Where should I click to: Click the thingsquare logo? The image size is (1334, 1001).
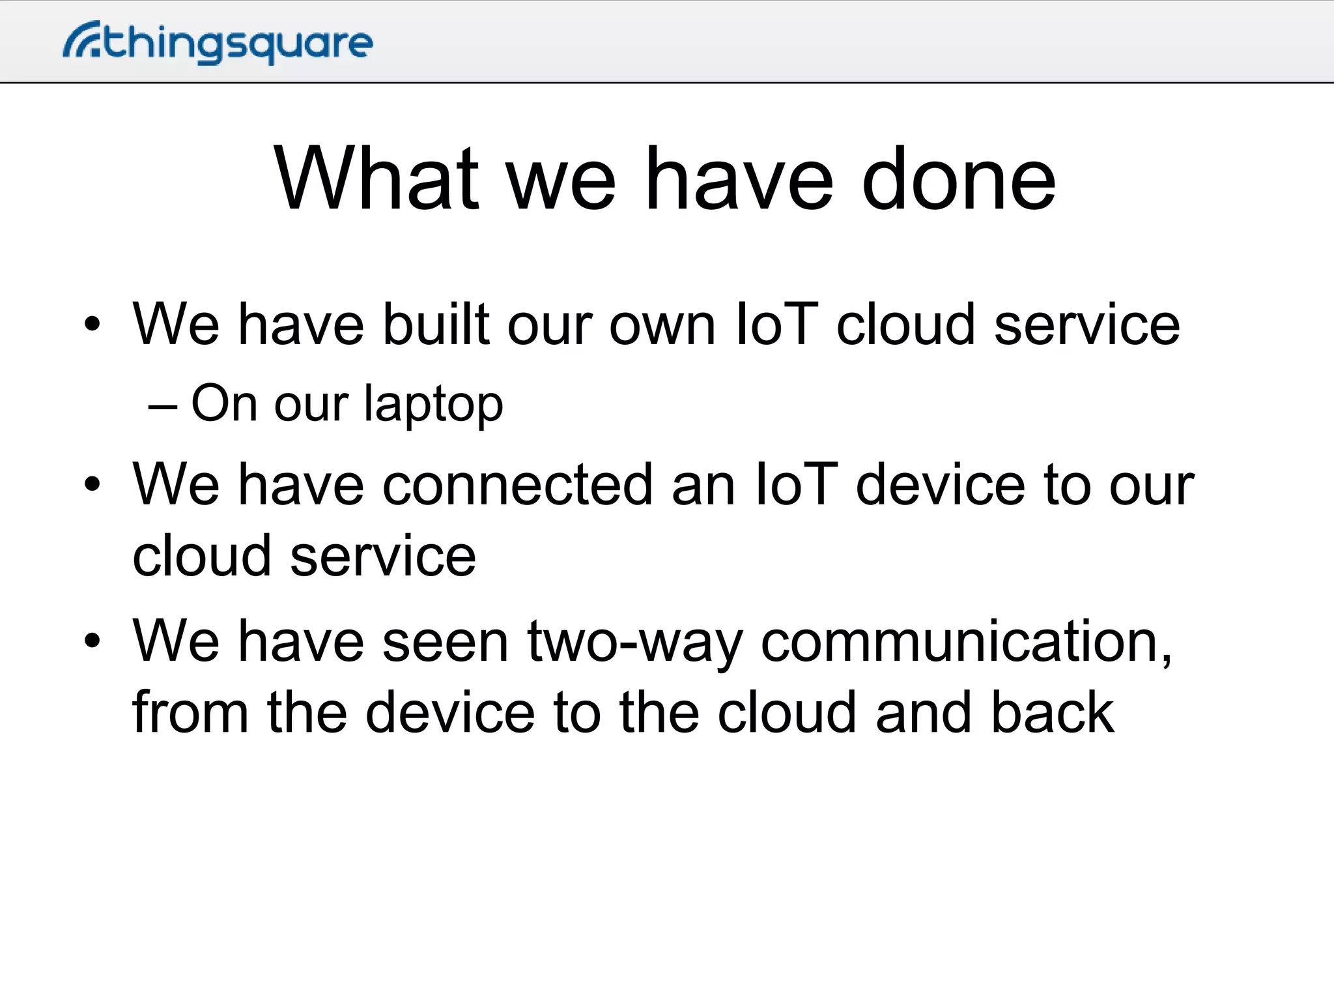tap(218, 43)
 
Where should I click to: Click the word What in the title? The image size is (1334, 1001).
tap(376, 179)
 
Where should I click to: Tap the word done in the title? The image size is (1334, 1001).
tap(958, 179)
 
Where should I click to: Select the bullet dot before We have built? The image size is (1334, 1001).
tap(92, 324)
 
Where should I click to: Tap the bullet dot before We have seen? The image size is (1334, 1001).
tap(92, 641)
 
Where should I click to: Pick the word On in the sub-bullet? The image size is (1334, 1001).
tap(224, 403)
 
